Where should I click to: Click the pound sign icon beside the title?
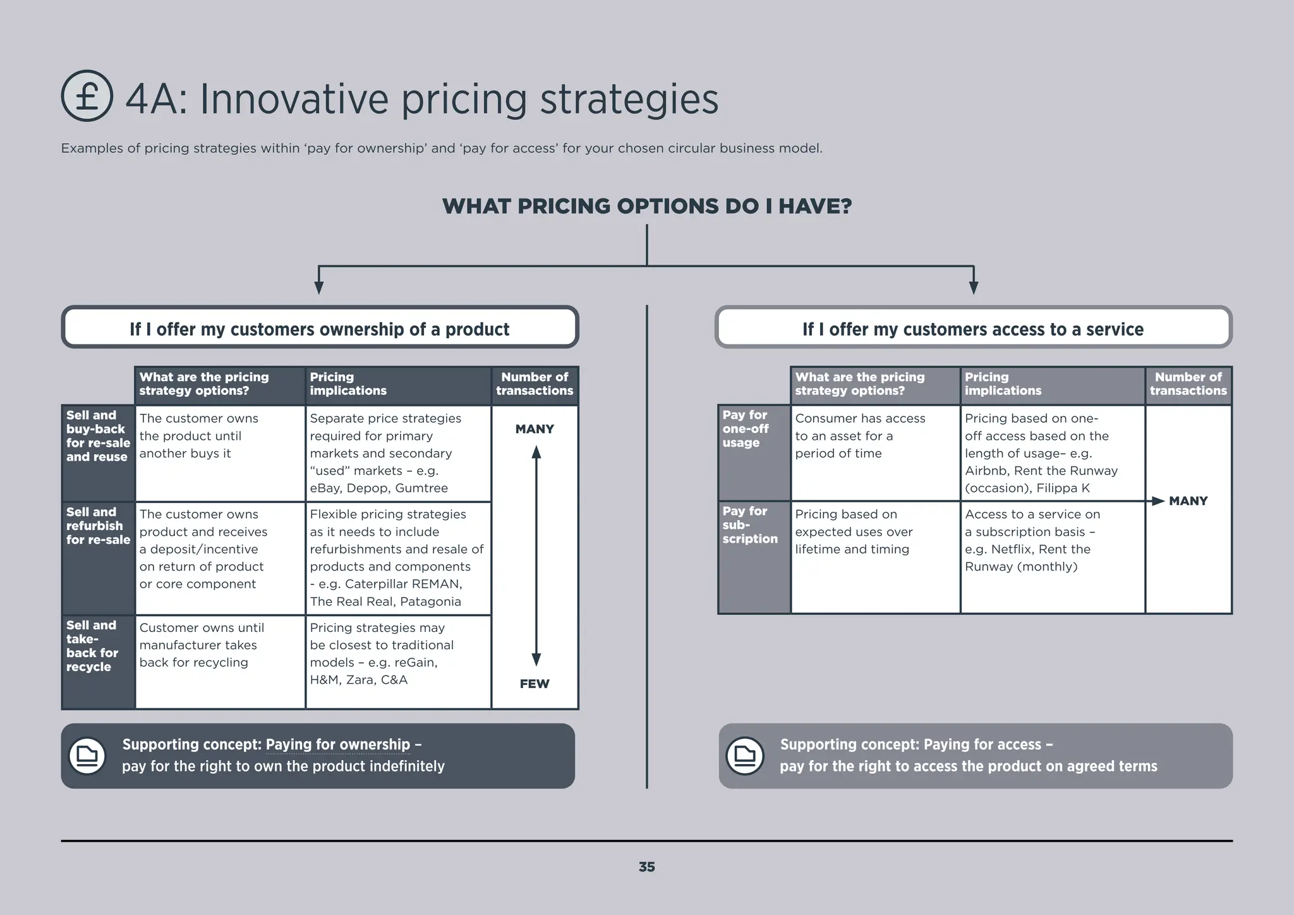[x=87, y=96]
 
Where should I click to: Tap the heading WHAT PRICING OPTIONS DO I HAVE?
[x=647, y=206]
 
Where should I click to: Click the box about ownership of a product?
[x=320, y=328]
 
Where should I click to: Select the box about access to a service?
[x=973, y=328]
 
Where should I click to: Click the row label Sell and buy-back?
[x=98, y=436]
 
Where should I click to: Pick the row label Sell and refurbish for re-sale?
[x=98, y=526]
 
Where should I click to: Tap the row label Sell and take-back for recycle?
[x=92, y=646]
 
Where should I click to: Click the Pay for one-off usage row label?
[x=746, y=428]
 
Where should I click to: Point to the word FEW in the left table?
[x=535, y=684]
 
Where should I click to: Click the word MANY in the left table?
[x=535, y=429]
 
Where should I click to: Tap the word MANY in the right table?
[x=1188, y=501]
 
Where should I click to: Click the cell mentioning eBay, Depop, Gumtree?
[x=398, y=453]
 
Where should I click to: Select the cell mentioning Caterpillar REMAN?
[x=398, y=558]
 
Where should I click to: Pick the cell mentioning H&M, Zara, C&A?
[x=398, y=654]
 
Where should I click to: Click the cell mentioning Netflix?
[x=1051, y=540]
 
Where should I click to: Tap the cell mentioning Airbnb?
[x=1051, y=453]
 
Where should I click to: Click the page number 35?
[x=646, y=867]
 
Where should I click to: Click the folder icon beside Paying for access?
[x=745, y=756]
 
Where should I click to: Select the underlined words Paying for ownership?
[x=338, y=744]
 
